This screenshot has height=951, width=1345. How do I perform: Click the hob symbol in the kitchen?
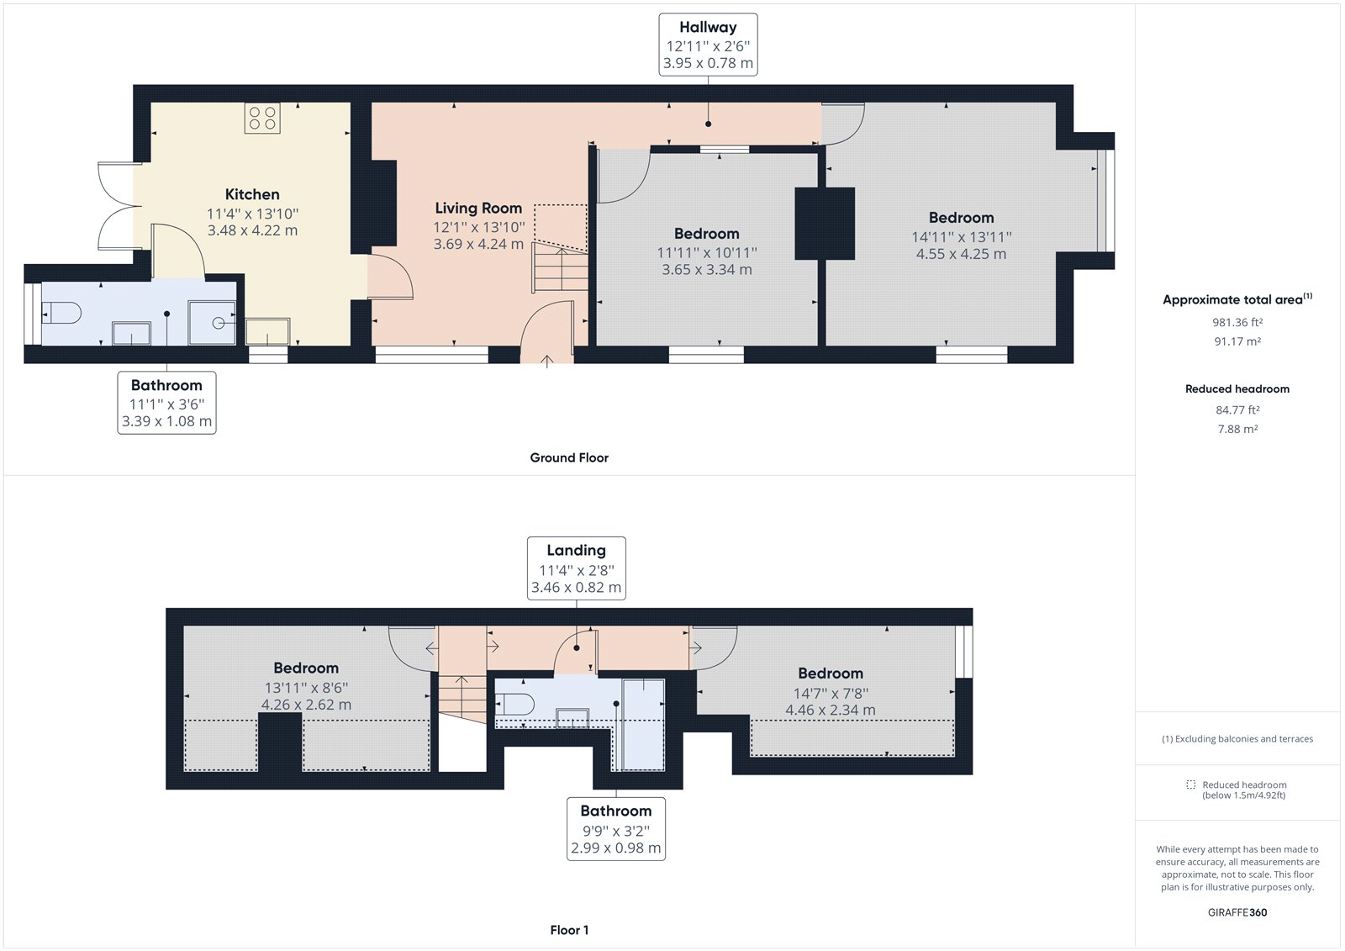point(262,118)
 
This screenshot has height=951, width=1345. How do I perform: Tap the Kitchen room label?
point(252,194)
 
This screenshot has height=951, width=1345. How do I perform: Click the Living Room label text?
point(478,208)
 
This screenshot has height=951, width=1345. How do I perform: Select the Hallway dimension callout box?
point(708,45)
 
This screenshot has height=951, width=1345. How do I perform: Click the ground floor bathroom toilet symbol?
point(61,314)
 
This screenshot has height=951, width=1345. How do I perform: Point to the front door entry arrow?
point(546,361)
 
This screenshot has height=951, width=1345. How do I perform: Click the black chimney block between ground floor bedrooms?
point(825,224)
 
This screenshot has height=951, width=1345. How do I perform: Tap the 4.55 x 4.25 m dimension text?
point(961,254)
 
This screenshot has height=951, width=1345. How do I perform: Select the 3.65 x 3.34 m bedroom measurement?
point(706,270)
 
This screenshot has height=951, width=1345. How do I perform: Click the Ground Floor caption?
point(569,457)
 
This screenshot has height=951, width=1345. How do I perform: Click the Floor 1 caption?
point(569,930)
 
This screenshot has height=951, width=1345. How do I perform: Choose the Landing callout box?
point(576,568)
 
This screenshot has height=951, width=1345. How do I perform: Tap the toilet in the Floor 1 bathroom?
point(514,704)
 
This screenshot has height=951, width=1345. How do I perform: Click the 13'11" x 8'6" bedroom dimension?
point(306,687)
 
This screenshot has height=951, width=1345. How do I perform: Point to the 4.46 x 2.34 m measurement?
point(830,711)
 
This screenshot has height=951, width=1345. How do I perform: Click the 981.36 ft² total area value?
point(1237,322)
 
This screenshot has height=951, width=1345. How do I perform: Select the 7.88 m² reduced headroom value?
point(1237,429)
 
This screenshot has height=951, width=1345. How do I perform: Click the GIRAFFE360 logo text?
point(1237,912)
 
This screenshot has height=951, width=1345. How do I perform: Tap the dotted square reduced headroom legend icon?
point(1190,785)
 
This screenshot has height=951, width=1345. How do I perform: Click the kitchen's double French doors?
point(116,206)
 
